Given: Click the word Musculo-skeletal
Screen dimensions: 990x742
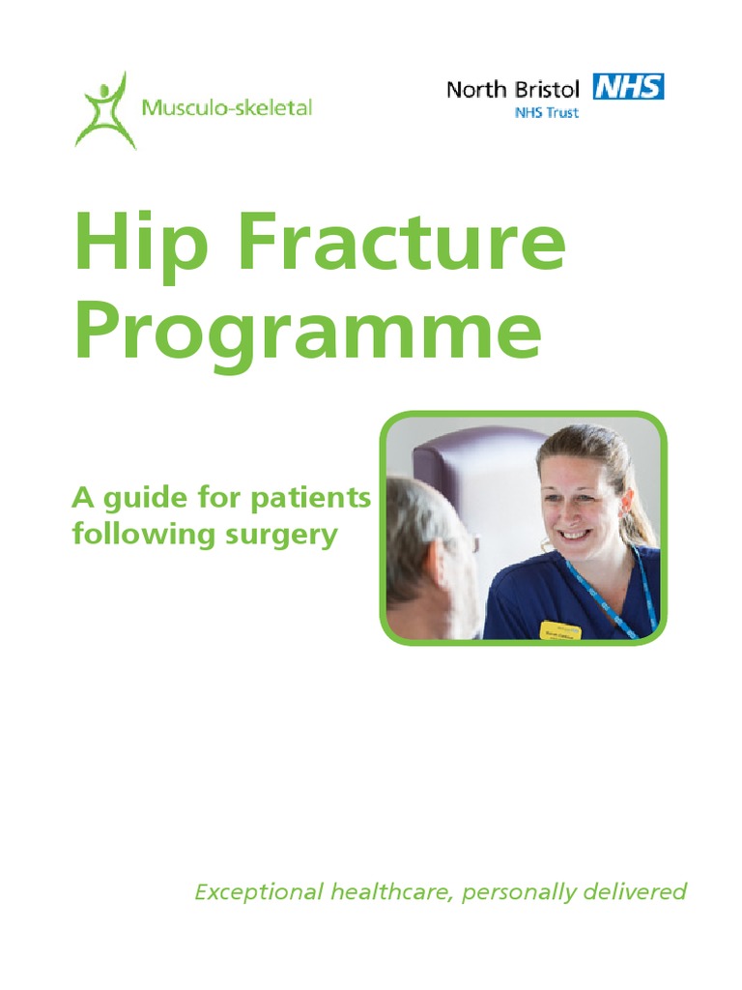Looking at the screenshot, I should (227, 107).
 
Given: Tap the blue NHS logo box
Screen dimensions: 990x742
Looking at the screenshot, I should (628, 88).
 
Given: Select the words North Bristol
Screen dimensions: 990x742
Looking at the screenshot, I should (512, 90).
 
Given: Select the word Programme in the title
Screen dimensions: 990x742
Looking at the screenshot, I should (307, 333).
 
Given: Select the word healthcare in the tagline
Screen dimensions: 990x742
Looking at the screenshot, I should (391, 891).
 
